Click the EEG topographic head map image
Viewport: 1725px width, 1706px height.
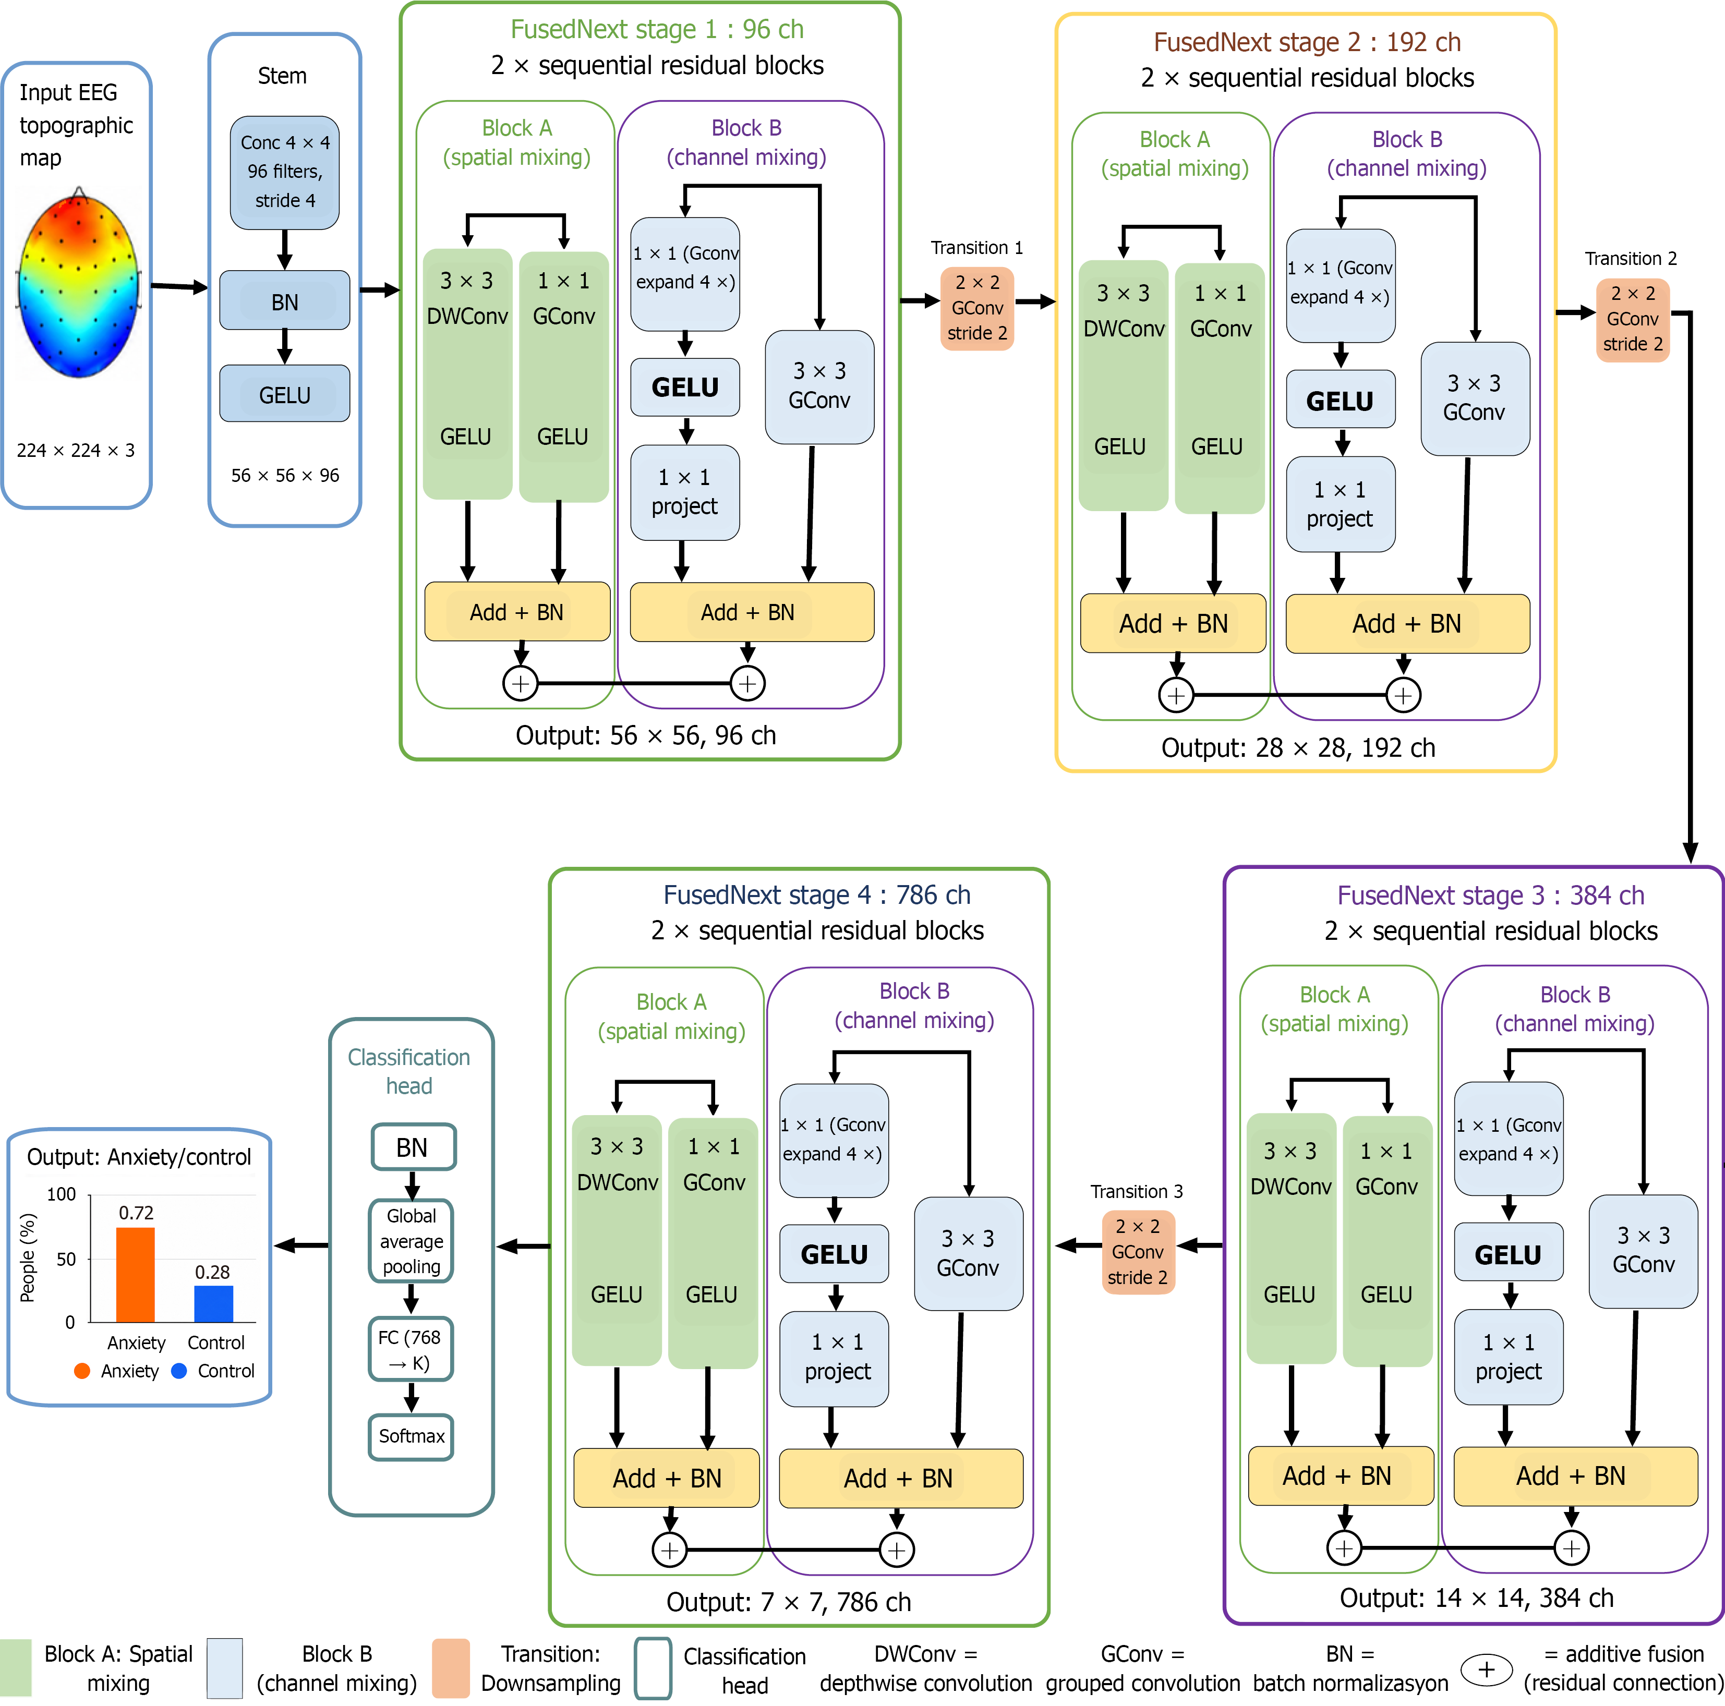pos(79,283)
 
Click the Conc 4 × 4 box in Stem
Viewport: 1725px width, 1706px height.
pos(285,172)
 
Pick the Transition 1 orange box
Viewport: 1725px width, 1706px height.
pos(977,308)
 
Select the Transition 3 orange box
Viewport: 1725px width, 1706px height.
pos(1138,1252)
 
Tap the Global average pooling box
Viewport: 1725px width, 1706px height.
pos(412,1241)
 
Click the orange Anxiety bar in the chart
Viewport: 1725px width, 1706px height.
pos(136,1275)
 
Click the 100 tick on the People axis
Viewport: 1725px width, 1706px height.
pos(62,1194)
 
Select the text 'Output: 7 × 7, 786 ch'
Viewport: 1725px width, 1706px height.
pos(788,1602)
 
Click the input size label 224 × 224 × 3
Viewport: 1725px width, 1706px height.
pos(76,451)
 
